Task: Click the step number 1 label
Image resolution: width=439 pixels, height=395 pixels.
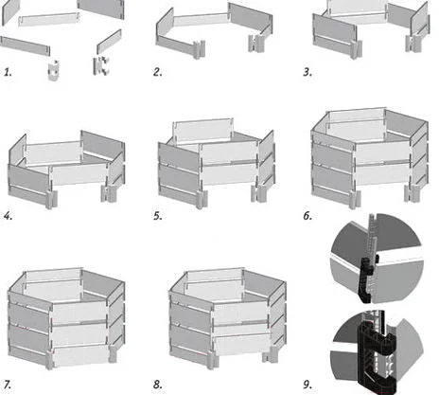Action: (x=8, y=72)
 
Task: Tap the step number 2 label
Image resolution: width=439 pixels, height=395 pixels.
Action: (x=158, y=72)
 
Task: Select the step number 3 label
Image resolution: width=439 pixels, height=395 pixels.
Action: (x=307, y=72)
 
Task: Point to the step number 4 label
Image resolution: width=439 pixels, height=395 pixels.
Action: (x=8, y=216)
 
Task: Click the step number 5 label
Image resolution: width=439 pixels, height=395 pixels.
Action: (x=158, y=216)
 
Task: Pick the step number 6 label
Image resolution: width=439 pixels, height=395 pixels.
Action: (x=307, y=216)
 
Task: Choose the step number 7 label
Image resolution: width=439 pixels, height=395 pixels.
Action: (x=8, y=385)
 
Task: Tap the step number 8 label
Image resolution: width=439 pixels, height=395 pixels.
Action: (x=158, y=385)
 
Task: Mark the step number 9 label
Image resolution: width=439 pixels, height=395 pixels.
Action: (x=307, y=385)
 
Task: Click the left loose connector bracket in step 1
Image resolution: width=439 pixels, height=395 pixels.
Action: (x=54, y=71)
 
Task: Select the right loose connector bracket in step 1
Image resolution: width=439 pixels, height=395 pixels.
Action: (x=101, y=66)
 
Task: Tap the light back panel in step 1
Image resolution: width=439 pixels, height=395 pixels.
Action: (x=49, y=20)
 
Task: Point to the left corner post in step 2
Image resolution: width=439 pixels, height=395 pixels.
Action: (x=200, y=49)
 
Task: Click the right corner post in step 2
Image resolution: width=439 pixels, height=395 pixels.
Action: (x=256, y=44)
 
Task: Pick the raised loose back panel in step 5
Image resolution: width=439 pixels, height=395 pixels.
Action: (x=203, y=132)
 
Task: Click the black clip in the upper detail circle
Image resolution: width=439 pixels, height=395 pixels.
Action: (x=368, y=278)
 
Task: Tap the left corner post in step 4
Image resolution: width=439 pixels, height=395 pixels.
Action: (x=52, y=199)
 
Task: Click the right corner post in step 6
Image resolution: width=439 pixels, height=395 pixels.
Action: (x=413, y=193)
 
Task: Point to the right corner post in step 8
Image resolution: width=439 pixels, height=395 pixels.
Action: (x=271, y=354)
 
